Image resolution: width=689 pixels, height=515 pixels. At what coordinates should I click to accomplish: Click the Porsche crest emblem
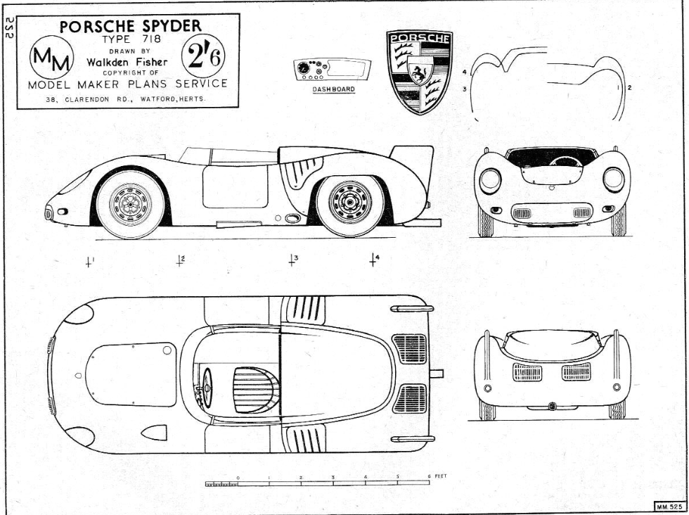pyautogui.click(x=419, y=72)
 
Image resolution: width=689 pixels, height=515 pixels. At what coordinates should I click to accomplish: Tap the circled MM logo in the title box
pyautogui.click(x=52, y=57)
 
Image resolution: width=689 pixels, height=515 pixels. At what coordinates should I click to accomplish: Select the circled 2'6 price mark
pyautogui.click(x=203, y=56)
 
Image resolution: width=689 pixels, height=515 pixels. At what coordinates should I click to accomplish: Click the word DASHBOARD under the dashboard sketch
pyautogui.click(x=333, y=89)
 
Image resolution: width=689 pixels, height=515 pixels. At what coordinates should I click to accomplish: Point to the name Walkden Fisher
pyautogui.click(x=127, y=62)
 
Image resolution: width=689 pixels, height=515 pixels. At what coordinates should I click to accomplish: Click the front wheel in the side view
pyautogui.click(x=131, y=203)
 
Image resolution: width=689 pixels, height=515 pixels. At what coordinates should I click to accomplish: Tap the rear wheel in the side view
pyautogui.click(x=350, y=203)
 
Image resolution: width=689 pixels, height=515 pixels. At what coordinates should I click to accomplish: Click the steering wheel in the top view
pyautogui.click(x=207, y=388)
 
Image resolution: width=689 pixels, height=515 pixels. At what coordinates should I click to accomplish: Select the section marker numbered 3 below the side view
pyautogui.click(x=292, y=260)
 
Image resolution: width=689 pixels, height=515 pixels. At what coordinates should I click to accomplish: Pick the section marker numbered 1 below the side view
pyautogui.click(x=89, y=262)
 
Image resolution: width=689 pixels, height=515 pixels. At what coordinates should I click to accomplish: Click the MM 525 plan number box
pyautogui.click(x=669, y=507)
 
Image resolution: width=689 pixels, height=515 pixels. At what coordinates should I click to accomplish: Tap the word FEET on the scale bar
pyautogui.click(x=441, y=476)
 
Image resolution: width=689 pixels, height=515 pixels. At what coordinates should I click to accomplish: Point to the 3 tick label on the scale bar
pyautogui.click(x=333, y=478)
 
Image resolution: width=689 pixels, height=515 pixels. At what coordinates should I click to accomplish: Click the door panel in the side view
pyautogui.click(x=235, y=186)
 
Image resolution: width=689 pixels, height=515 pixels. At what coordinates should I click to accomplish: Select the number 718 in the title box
pyautogui.click(x=152, y=39)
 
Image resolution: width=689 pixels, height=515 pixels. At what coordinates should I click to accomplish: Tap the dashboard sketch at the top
pyautogui.click(x=332, y=70)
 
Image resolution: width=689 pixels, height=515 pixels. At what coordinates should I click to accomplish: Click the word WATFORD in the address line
pyautogui.click(x=158, y=99)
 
